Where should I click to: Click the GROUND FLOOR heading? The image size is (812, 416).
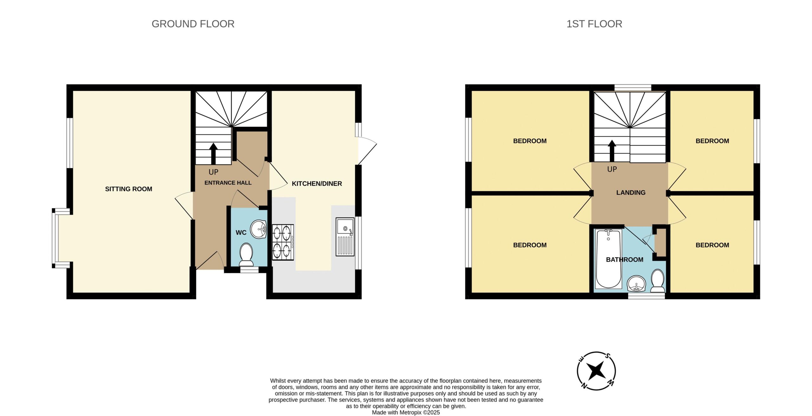(193, 24)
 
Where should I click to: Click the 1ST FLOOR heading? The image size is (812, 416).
(594, 24)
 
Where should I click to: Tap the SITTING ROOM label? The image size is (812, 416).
(128, 189)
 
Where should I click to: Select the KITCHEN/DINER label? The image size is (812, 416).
(317, 183)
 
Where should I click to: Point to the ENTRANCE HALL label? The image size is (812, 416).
(228, 183)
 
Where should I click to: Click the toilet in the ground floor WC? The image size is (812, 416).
(246, 254)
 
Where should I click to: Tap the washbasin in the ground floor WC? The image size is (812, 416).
(259, 229)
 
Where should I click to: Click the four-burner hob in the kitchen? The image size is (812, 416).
(283, 242)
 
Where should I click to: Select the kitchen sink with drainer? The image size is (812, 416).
(345, 236)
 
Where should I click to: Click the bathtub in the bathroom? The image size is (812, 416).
(608, 259)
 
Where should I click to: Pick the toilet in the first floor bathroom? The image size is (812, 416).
(658, 281)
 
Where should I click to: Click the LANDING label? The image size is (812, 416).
(631, 193)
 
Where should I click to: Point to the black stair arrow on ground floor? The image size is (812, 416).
(213, 154)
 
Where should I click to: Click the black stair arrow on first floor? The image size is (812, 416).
(612, 151)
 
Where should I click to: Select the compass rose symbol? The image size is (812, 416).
(596, 371)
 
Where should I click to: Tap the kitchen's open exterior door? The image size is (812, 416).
(367, 151)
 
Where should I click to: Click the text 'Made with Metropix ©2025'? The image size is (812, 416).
(406, 413)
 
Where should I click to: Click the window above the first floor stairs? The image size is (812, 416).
(633, 88)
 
